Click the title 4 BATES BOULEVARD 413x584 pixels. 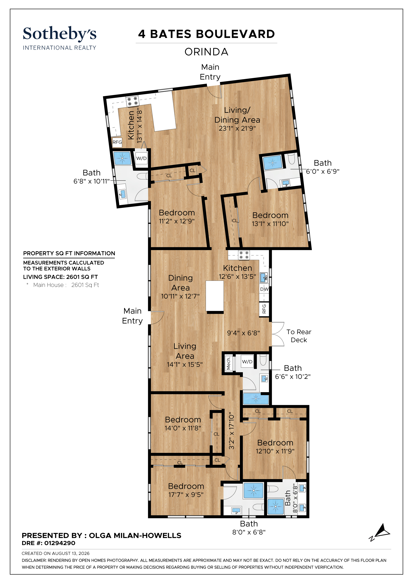206,34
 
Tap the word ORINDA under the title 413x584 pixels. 206,52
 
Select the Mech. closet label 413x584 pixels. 228,363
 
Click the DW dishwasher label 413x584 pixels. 264,289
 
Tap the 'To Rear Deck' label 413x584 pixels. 299,336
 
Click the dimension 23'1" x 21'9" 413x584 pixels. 237,128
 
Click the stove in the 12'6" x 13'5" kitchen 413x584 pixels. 244,255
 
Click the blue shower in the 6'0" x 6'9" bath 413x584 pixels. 273,162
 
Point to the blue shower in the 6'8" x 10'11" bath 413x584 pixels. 122,158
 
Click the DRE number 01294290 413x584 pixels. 60,543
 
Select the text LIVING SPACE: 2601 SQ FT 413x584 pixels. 61,277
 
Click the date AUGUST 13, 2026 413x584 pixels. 71,553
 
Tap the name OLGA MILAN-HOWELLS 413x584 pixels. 135,535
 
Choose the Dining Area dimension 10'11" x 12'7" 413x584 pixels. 180,296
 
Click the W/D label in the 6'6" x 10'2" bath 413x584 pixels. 247,362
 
